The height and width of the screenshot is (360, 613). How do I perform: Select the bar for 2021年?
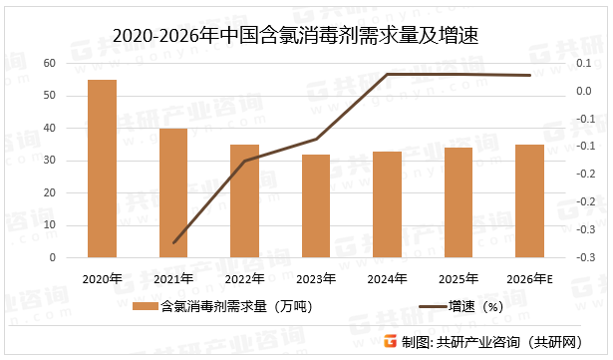point(173,192)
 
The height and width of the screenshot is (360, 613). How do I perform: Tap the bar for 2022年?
point(244,200)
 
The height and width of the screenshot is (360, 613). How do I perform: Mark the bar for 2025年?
point(459,202)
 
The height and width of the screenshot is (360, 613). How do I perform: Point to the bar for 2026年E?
point(529,200)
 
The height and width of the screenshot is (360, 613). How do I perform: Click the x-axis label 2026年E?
point(530,277)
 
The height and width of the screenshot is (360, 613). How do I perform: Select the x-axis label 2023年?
point(316,277)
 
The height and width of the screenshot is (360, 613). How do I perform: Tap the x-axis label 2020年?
point(103,277)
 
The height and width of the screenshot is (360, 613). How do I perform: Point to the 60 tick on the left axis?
point(49,63)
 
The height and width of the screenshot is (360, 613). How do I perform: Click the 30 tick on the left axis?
point(49,161)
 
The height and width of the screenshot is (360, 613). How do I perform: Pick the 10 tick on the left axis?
point(49,225)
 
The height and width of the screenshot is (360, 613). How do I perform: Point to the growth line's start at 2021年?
point(173,242)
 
